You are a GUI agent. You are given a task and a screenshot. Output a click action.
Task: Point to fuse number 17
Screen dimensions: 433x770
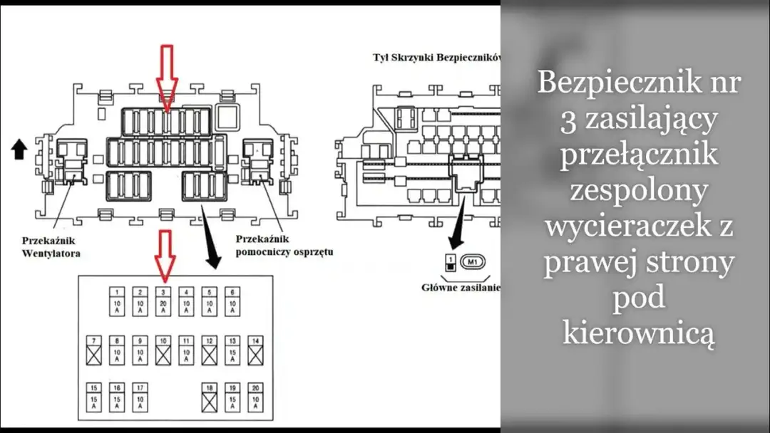click(x=141, y=397)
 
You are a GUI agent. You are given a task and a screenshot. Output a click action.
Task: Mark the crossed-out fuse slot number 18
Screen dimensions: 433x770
click(x=209, y=397)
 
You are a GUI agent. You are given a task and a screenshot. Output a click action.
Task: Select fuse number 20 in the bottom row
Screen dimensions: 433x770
click(x=255, y=397)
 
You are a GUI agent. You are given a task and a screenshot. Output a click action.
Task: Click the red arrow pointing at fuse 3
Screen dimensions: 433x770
click(x=165, y=254)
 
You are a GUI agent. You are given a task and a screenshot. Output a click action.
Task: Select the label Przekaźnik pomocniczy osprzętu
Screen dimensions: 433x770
click(x=284, y=246)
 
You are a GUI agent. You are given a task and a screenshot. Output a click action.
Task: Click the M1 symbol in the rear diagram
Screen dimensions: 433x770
click(x=472, y=261)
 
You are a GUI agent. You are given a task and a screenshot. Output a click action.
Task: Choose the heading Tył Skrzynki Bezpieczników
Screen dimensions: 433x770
click(x=436, y=56)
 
